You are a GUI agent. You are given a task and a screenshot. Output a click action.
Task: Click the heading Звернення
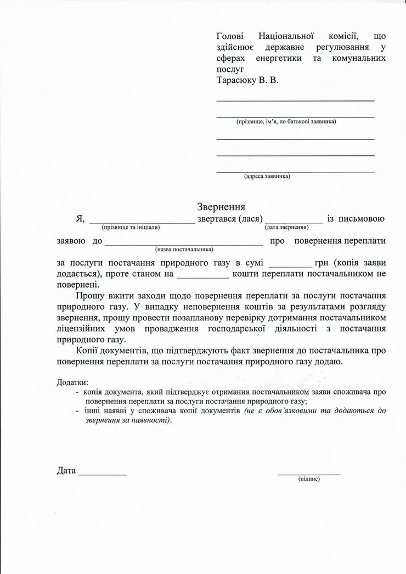coord(221,207)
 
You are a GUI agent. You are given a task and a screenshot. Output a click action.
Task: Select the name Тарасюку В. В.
coord(247,80)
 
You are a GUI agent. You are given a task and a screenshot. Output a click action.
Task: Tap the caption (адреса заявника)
coord(267,177)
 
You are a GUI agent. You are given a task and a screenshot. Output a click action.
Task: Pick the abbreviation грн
coord(322,262)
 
